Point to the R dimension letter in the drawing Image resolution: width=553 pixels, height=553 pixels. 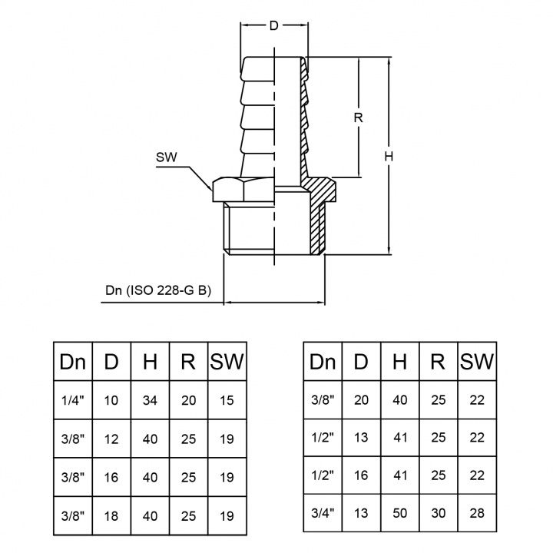(x=357, y=118)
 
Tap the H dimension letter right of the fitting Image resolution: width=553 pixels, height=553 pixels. (x=390, y=156)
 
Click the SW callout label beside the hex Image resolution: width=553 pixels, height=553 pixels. (x=166, y=157)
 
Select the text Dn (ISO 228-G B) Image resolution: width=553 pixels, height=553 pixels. (x=158, y=291)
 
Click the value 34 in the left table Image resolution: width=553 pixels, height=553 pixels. (x=150, y=399)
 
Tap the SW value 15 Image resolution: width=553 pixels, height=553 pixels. (x=227, y=399)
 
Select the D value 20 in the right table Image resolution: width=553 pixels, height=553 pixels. (x=361, y=399)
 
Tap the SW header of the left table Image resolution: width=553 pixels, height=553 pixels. (x=227, y=362)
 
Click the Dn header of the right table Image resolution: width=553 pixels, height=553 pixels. (x=322, y=362)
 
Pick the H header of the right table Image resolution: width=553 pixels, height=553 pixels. (x=399, y=362)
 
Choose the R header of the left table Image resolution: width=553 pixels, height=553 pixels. (x=188, y=362)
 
